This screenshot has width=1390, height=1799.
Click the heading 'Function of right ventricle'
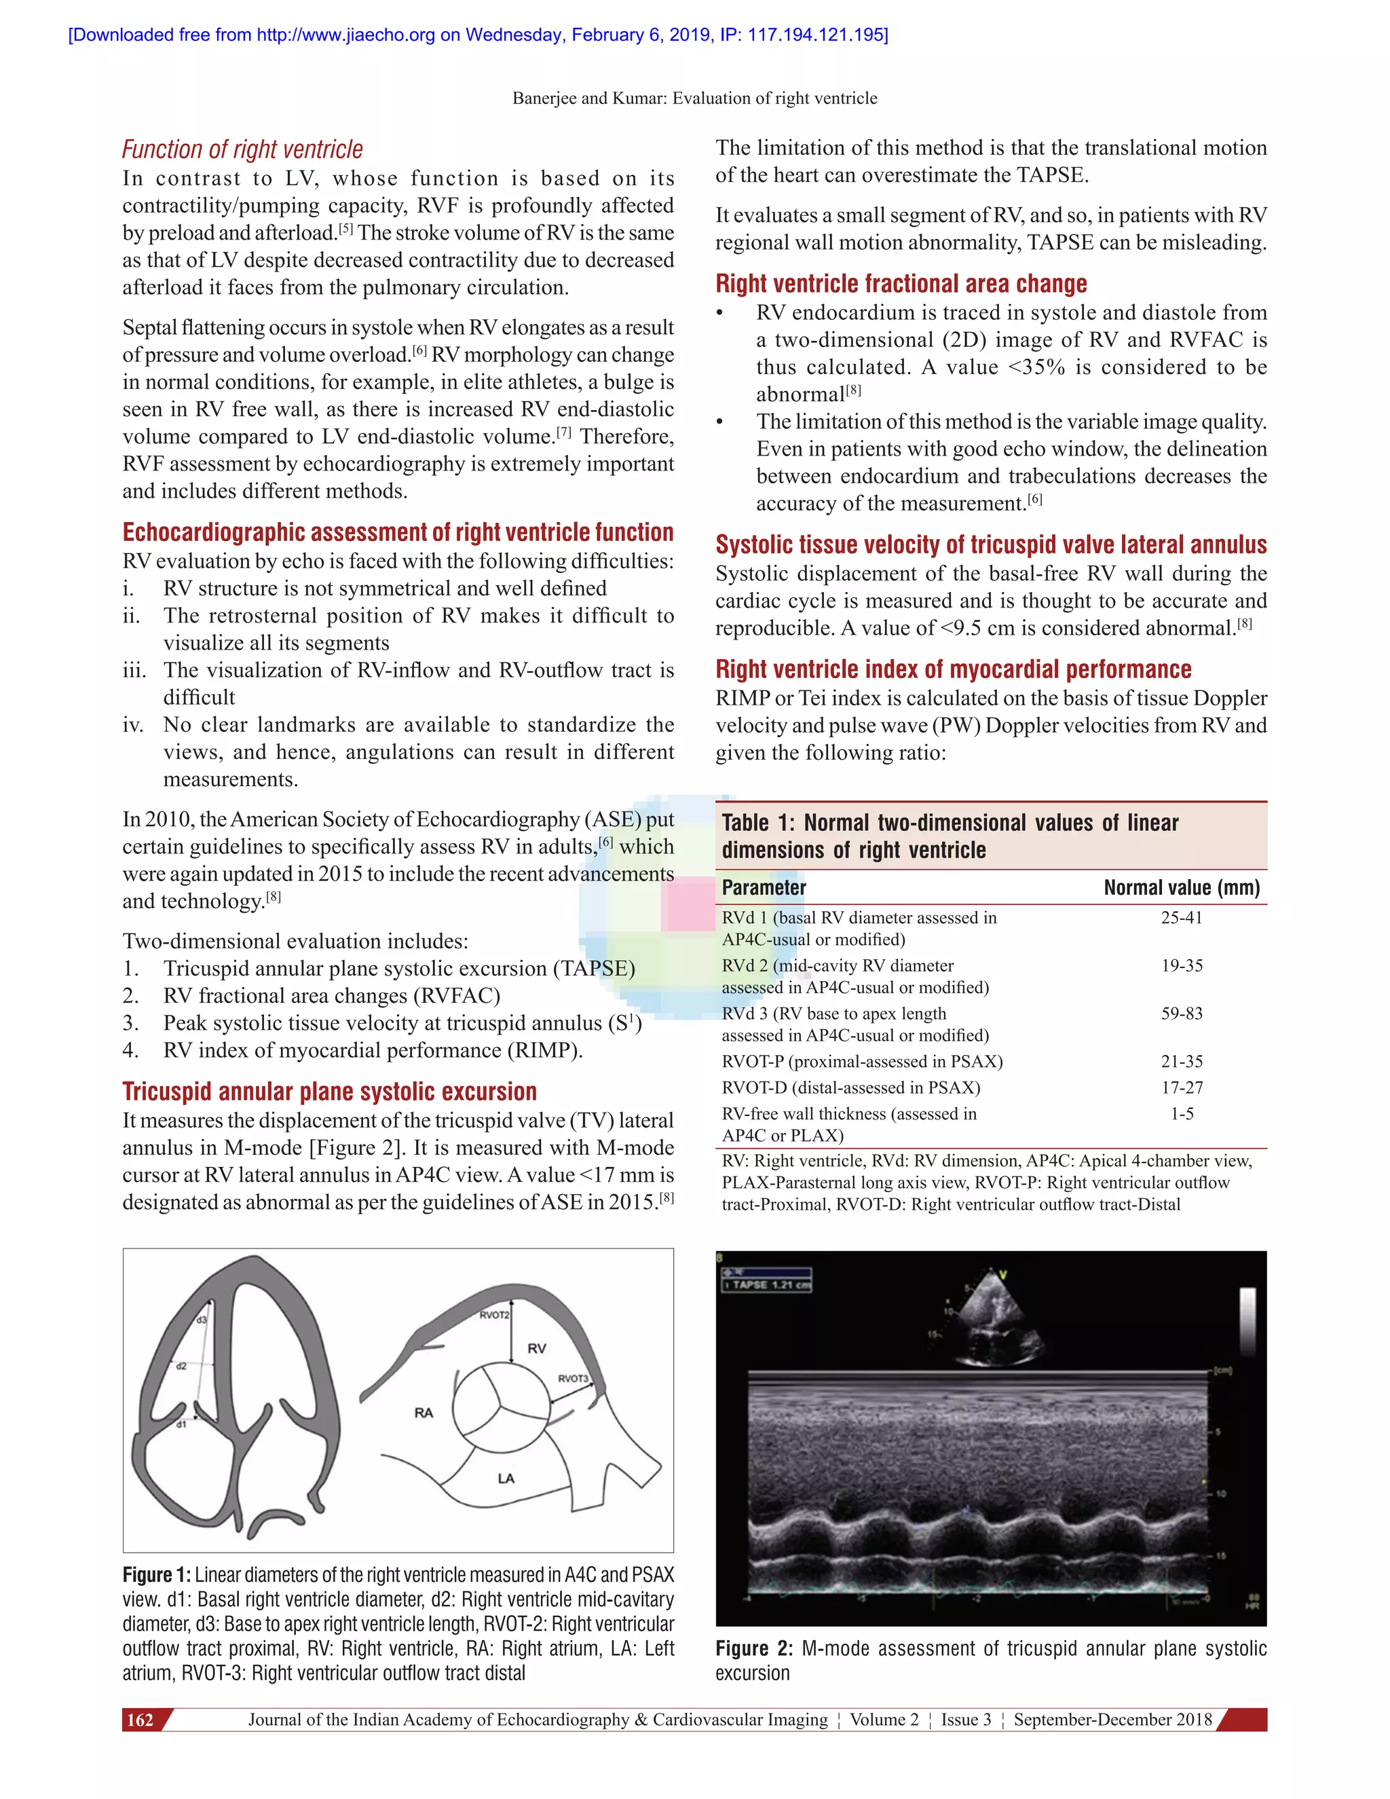click(x=242, y=149)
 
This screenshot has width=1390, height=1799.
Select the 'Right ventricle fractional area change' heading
click(x=901, y=283)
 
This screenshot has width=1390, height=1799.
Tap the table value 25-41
click(x=1182, y=918)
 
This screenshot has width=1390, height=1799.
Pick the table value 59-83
click(x=1182, y=1013)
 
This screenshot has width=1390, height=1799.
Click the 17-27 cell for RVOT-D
click(x=1182, y=1088)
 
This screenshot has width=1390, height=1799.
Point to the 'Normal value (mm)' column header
click(x=1182, y=887)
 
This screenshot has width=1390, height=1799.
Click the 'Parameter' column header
click(x=764, y=887)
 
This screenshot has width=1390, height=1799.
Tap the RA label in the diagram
click(x=424, y=1413)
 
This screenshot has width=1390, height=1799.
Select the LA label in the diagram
click(x=506, y=1479)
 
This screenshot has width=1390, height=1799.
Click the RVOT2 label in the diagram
click(x=494, y=1315)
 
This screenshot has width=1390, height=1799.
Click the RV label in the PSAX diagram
click(x=537, y=1348)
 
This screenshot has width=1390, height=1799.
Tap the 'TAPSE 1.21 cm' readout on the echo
click(x=767, y=1285)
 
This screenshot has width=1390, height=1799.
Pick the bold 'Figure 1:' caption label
click(x=157, y=1575)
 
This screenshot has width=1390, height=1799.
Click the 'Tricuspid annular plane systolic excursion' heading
click(x=329, y=1092)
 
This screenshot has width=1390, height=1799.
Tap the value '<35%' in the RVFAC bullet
click(x=1037, y=367)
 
